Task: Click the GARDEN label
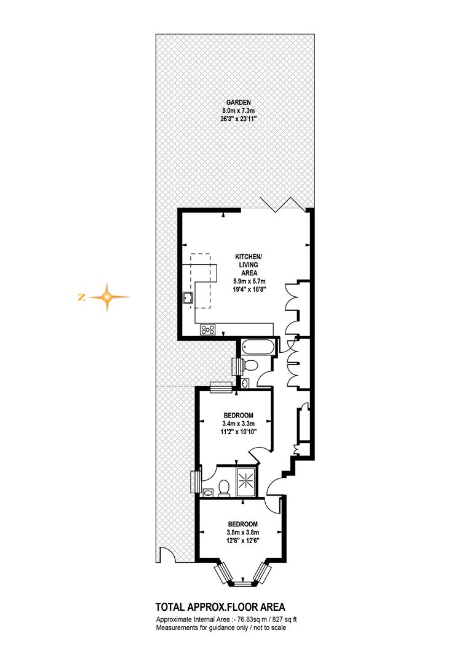[x=238, y=102]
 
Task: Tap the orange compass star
[x=108, y=297]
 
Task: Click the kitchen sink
[x=188, y=298]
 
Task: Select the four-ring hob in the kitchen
[x=208, y=329]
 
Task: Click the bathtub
[x=258, y=347]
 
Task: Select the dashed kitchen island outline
[x=201, y=281]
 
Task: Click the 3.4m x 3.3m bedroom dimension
[x=238, y=424]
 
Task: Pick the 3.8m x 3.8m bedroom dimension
[x=243, y=533]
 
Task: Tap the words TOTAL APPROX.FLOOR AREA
[x=220, y=607]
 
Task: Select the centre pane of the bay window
[x=243, y=584]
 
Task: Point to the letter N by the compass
[x=81, y=297]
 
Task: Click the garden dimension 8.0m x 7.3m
[x=238, y=111]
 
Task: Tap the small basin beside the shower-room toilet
[x=208, y=493]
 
